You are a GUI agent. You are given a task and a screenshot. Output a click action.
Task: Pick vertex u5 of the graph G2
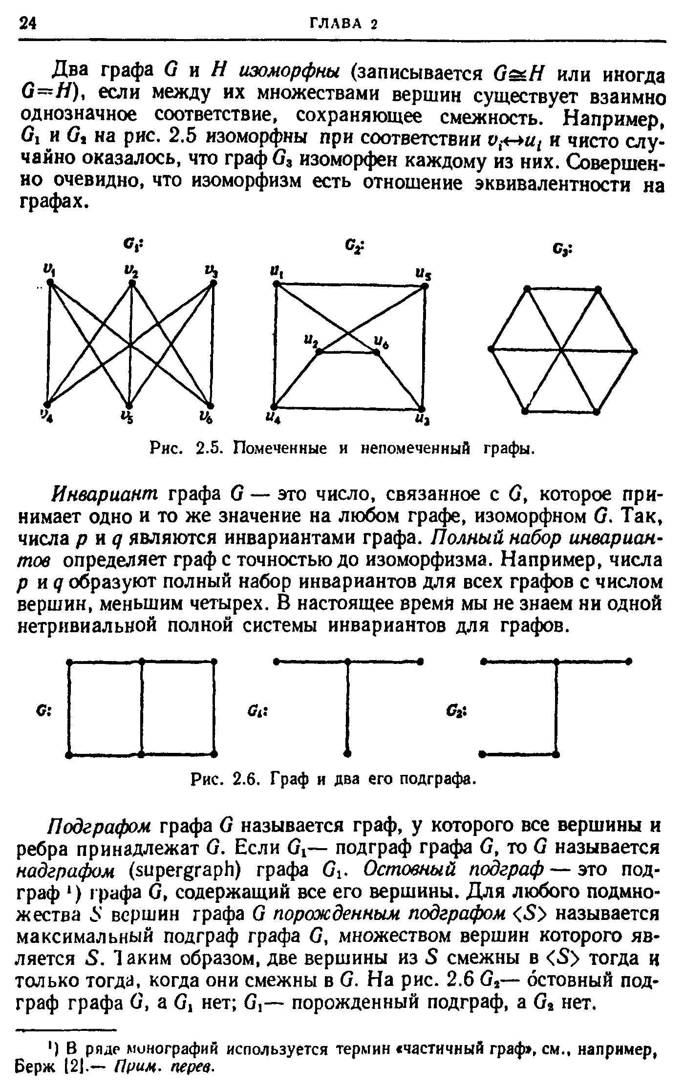click(425, 287)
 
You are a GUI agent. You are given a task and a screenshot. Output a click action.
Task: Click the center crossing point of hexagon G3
click(562, 350)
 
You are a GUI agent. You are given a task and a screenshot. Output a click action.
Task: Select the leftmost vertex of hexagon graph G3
click(491, 348)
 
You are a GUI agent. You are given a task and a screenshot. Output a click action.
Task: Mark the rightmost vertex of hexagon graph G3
click(635, 350)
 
